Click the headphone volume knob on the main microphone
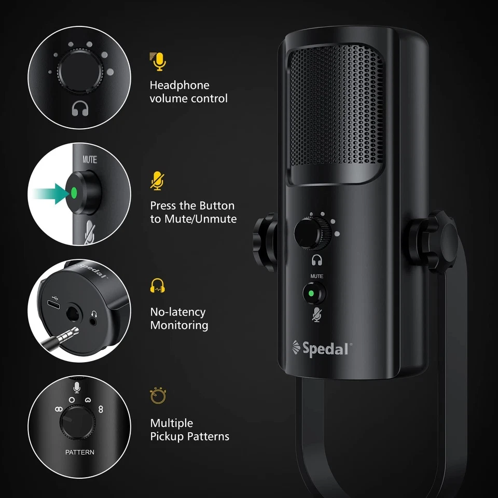coord(311,232)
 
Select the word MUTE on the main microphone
coord(316,276)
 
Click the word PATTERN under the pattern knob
coord(80,452)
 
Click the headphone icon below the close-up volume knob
coord(79,108)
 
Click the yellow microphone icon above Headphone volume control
coord(158,61)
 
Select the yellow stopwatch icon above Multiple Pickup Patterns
coord(157,396)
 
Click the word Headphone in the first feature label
coord(179,85)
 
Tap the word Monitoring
coord(179,325)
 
